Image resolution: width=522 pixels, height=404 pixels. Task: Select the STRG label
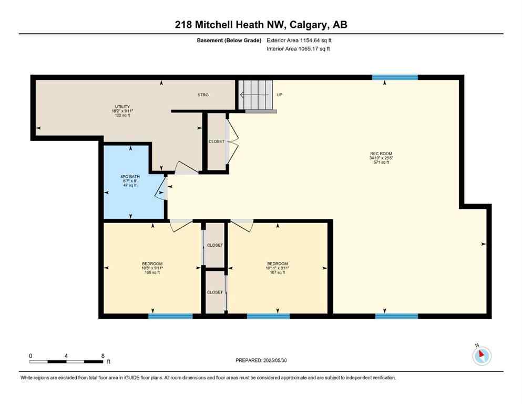click(x=203, y=95)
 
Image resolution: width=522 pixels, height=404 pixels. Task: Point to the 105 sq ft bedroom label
click(x=152, y=268)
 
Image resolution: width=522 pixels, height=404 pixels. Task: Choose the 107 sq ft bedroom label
click(x=277, y=268)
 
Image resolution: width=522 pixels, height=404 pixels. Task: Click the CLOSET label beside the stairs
click(x=216, y=142)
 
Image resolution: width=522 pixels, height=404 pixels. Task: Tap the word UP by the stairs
click(x=280, y=95)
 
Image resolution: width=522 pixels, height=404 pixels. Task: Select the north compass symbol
click(x=481, y=356)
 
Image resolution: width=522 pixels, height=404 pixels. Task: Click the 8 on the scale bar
click(x=102, y=356)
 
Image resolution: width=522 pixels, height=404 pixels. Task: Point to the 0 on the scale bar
click(x=30, y=356)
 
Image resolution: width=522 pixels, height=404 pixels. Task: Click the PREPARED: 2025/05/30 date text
click(x=261, y=360)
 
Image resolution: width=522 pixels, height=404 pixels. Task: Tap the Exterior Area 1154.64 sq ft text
click(x=299, y=41)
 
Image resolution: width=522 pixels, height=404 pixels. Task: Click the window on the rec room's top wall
click(x=395, y=77)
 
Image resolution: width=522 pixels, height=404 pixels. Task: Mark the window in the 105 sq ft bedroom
click(x=170, y=316)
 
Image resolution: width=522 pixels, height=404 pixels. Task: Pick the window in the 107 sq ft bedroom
click(x=268, y=316)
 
